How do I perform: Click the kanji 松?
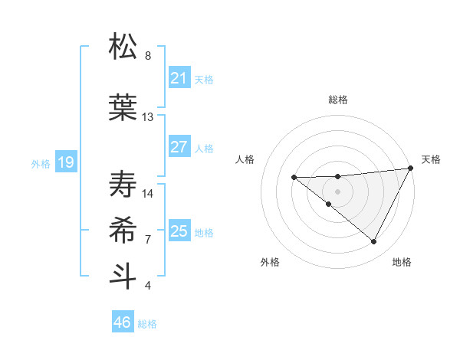click(123, 47)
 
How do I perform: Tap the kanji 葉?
click(123, 106)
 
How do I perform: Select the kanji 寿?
click(123, 182)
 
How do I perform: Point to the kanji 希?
click(123, 228)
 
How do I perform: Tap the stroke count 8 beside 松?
click(148, 56)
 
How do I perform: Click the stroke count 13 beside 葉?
click(148, 117)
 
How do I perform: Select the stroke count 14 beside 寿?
click(148, 193)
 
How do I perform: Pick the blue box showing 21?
click(179, 78)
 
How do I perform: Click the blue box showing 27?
click(179, 147)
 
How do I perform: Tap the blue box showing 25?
click(179, 231)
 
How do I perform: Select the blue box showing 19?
click(65, 162)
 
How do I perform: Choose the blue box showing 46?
click(122, 322)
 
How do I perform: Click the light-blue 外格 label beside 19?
click(41, 163)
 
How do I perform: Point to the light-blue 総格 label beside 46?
click(147, 324)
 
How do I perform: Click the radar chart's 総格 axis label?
click(338, 100)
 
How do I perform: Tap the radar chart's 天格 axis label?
click(431, 159)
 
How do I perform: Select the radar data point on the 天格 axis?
click(411, 169)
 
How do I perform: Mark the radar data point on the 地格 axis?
click(374, 242)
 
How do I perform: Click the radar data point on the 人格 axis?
click(294, 178)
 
